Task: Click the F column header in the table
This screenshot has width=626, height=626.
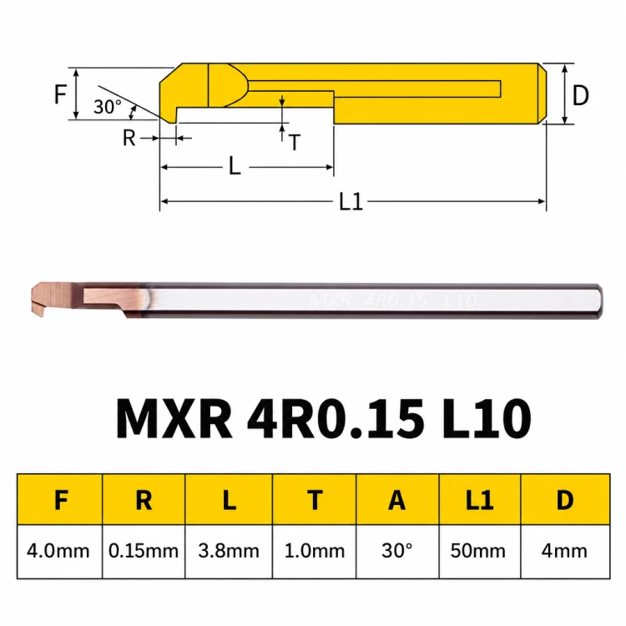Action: point(60,499)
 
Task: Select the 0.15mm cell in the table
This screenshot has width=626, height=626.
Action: point(144,552)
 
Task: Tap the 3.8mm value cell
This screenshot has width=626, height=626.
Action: point(229,552)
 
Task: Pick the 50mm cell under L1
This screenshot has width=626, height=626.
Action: point(478,552)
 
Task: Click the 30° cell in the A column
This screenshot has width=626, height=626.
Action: point(396,552)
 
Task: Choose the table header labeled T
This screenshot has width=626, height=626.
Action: point(314,499)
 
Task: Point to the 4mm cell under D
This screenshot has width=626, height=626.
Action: point(565,552)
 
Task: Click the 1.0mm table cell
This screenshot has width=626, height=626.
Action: point(314,552)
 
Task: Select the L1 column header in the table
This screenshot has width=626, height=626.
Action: point(479,499)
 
